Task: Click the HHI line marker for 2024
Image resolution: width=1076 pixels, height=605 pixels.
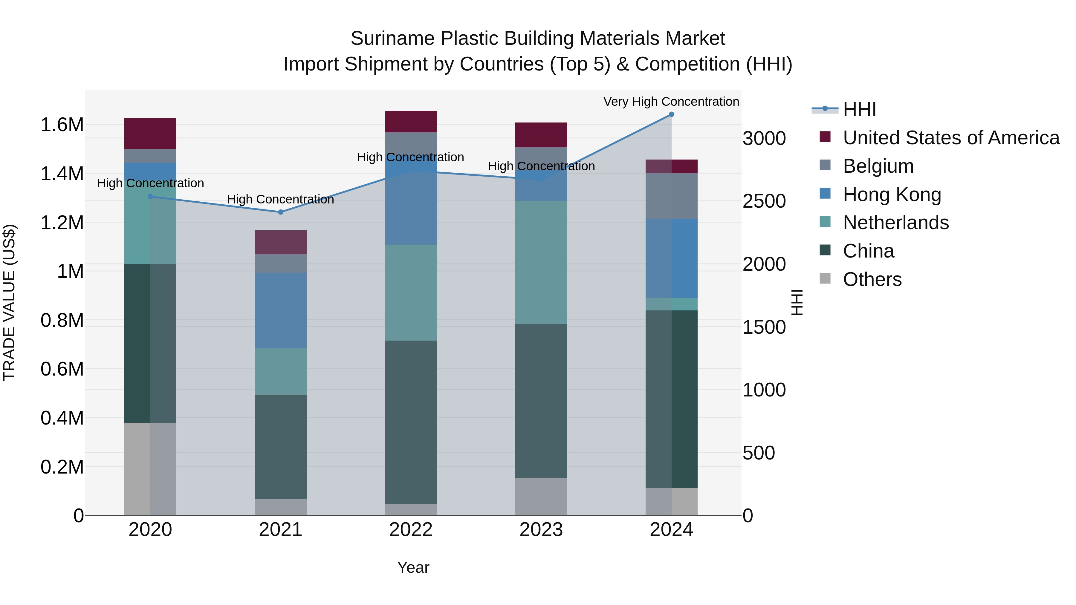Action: tap(671, 114)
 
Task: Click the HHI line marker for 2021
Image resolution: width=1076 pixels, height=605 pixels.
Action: tap(281, 212)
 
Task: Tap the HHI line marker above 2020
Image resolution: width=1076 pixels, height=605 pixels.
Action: tap(150, 197)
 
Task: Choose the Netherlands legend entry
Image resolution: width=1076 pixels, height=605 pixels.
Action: tap(895, 223)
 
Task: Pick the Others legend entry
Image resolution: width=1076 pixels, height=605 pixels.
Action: tap(872, 279)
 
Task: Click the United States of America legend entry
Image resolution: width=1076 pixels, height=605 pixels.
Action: tap(951, 138)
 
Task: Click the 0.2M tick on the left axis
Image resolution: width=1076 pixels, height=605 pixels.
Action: tap(62, 467)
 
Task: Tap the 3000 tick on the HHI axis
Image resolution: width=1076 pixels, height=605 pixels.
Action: tap(764, 138)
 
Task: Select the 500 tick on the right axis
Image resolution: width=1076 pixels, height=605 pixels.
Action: tap(759, 453)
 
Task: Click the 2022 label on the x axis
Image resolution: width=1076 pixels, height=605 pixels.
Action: tap(411, 530)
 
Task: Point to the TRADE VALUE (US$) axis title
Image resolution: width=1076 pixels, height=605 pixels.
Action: tap(9, 302)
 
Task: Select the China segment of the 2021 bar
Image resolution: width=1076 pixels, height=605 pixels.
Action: tap(281, 447)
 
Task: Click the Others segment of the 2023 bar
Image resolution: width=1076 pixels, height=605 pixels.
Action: tap(541, 497)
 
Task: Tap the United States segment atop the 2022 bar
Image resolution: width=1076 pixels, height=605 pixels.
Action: tap(411, 122)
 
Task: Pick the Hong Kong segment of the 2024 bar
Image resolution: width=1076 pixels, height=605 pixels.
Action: tap(671, 258)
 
